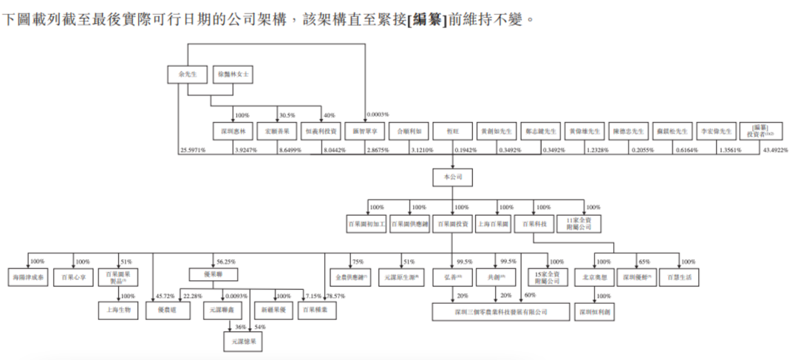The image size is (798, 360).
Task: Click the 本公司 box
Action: click(452, 178)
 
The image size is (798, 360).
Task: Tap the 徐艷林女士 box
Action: click(231, 75)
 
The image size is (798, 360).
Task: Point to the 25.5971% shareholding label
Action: click(193, 151)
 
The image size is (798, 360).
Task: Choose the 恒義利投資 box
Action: click(321, 132)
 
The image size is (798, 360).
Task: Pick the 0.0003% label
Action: click(378, 115)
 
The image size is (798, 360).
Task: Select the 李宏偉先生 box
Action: click(716, 132)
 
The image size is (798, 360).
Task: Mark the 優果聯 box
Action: click(208, 273)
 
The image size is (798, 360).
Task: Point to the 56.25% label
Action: click(227, 262)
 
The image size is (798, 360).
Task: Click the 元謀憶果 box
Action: click(243, 342)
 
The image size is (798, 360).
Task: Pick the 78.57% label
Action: click(335, 296)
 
